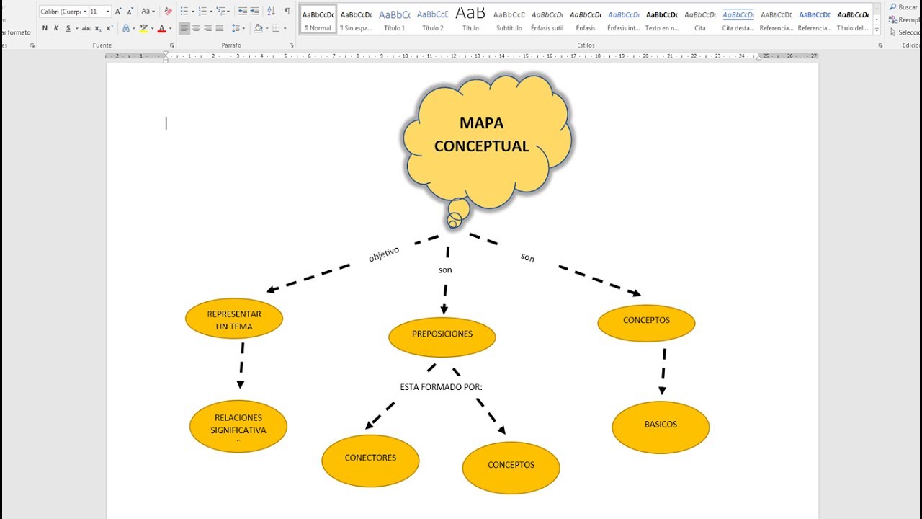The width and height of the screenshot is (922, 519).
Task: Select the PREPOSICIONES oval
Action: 442,335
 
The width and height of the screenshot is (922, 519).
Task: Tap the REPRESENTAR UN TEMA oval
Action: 234,319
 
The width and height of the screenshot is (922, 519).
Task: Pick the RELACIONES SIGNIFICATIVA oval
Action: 238,425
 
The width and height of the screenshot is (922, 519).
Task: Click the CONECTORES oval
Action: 370,459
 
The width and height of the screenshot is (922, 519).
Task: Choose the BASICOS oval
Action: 661,426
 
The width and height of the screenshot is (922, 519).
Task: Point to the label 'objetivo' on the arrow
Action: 384,254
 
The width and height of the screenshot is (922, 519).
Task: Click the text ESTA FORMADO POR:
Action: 441,387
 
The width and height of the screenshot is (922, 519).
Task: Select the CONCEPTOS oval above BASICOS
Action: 646,321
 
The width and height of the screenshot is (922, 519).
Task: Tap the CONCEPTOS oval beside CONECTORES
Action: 511,466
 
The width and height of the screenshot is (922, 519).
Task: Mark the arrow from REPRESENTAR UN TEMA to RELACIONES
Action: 241,365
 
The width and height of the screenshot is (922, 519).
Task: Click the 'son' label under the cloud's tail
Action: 445,270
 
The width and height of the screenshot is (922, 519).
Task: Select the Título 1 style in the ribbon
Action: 394,20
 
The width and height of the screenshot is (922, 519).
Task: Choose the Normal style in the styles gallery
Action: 318,20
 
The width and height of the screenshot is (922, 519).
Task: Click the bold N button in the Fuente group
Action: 45,28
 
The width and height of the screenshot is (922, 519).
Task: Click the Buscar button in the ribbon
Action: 904,7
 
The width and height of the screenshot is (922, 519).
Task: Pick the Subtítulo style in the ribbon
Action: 509,20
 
